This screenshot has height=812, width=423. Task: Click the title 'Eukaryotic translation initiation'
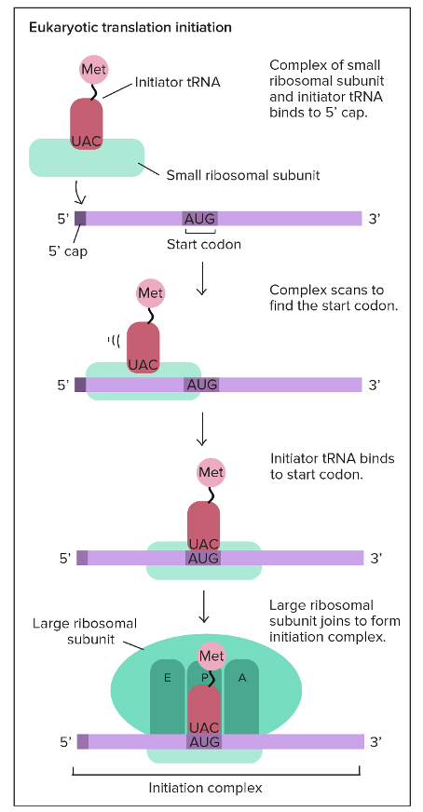coord(130,27)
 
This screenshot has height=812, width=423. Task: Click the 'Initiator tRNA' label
coord(178,82)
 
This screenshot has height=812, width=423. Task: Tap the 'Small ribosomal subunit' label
coord(243,175)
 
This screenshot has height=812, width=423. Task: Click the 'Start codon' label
coord(204,244)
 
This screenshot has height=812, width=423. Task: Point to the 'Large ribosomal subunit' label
coord(85,631)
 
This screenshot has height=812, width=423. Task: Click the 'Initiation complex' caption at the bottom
coord(205,788)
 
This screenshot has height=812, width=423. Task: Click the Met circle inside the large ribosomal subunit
coord(211,656)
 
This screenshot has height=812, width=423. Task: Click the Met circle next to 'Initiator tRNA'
coord(94,70)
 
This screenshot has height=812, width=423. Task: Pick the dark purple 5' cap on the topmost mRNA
coord(80,218)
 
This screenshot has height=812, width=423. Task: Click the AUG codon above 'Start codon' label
coord(199,218)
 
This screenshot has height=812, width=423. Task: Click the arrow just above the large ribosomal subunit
coord(204,605)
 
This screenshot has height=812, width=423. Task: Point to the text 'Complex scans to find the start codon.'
coord(334,297)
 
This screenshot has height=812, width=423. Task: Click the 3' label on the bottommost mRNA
coord(376,742)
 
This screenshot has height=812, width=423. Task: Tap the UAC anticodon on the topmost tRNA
coord(86,142)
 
